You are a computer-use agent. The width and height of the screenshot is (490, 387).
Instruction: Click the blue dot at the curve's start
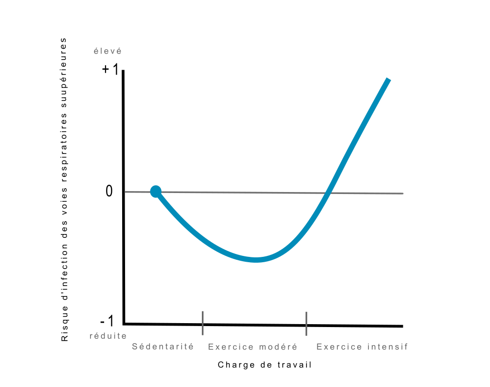point(155,192)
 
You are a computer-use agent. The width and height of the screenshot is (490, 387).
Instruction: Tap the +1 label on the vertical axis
point(110,70)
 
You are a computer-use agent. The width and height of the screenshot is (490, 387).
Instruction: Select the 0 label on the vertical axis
point(109,192)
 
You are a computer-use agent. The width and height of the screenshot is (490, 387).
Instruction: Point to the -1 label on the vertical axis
point(107,322)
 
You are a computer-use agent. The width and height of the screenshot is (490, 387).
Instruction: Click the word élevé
point(108,51)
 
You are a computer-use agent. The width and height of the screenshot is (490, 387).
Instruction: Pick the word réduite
point(108,336)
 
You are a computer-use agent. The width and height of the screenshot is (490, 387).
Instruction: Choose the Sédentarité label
point(163,347)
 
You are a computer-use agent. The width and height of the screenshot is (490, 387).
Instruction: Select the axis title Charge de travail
point(265,365)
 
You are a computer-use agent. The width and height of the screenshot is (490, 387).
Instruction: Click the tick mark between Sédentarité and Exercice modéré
point(202,323)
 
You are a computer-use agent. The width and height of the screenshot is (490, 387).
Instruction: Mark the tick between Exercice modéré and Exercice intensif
point(306,324)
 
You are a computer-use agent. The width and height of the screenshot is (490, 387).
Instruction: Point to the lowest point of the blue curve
point(256,259)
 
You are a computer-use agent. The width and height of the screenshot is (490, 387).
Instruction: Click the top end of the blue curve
point(388,79)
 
